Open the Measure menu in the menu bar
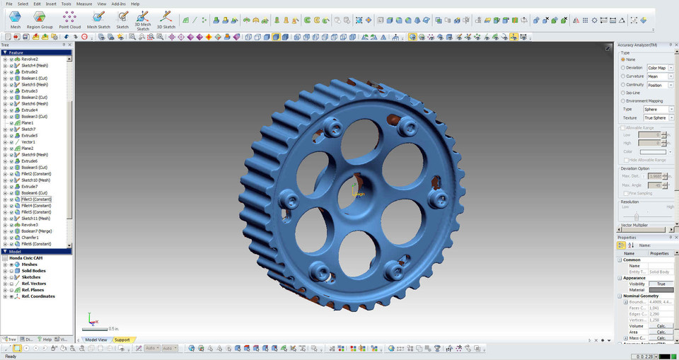point(84,4)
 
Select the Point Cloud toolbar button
point(69,19)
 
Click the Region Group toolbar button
point(40,19)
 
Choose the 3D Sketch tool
point(166,19)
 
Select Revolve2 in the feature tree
point(30,59)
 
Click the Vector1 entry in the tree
point(28,142)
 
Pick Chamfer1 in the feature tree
point(30,238)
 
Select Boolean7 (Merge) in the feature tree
point(35,231)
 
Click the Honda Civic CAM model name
point(26,258)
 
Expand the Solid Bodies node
point(5,271)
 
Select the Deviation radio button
point(623,68)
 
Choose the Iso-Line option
point(623,93)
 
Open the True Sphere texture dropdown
point(658,117)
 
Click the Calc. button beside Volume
point(661,326)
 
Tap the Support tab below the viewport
point(122,339)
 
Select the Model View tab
point(96,339)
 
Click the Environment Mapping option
point(623,101)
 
